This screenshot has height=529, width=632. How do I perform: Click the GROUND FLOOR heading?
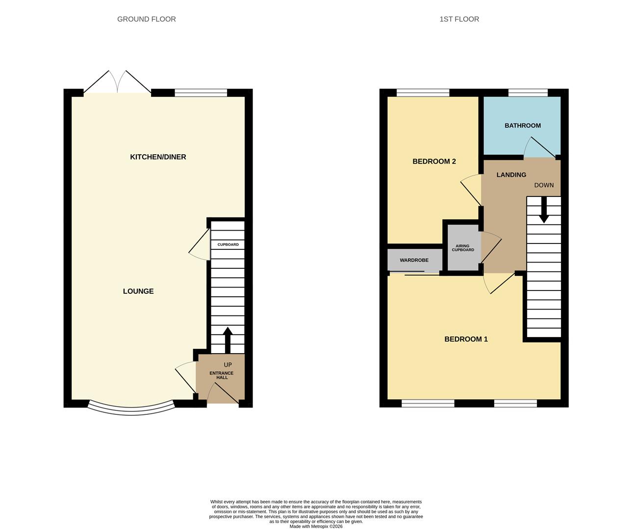(x=147, y=20)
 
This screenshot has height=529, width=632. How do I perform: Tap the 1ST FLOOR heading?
(x=459, y=20)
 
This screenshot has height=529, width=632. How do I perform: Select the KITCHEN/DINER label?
(x=158, y=157)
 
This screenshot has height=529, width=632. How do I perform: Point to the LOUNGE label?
(x=138, y=291)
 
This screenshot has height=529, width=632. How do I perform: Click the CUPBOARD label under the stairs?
(x=228, y=244)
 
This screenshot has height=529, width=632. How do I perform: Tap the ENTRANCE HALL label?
(x=222, y=375)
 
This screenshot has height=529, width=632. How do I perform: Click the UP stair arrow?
(x=228, y=340)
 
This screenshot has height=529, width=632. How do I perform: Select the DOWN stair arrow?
(x=544, y=210)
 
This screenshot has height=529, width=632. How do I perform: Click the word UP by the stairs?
(x=228, y=365)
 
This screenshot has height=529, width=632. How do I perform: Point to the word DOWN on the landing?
(x=544, y=185)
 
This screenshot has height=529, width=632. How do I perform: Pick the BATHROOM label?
(x=523, y=125)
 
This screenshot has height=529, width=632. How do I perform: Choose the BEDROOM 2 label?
(x=434, y=162)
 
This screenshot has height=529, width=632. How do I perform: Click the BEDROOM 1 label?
(x=466, y=339)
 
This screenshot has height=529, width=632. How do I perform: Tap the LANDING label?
(x=511, y=175)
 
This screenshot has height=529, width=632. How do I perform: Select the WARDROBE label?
(x=414, y=260)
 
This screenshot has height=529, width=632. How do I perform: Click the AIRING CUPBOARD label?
(x=463, y=248)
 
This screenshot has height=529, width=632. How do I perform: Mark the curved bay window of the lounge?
(x=132, y=411)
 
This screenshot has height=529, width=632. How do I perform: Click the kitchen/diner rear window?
(x=201, y=93)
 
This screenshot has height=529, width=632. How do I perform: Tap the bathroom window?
(x=528, y=93)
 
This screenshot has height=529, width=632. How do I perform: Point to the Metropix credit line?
(x=316, y=526)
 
